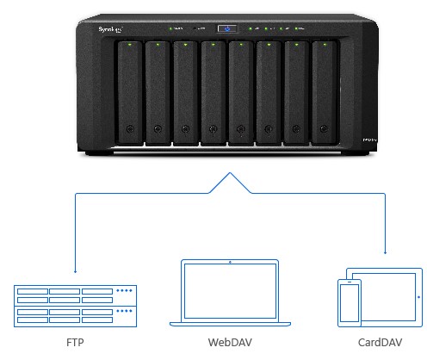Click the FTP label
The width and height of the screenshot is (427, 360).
pos(75,342)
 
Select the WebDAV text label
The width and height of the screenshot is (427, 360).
pos(230,342)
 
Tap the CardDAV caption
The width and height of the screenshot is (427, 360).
pos(378,342)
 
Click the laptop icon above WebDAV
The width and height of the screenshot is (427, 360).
pos(230,294)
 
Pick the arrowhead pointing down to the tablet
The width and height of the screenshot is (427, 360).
pos(384,253)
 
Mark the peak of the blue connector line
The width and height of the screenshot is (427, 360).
pos(230,174)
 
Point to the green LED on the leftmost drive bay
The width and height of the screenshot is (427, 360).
pos(129,47)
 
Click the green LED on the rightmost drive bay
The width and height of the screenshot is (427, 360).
pos(324,47)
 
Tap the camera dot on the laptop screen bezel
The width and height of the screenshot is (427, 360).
pos(230,260)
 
